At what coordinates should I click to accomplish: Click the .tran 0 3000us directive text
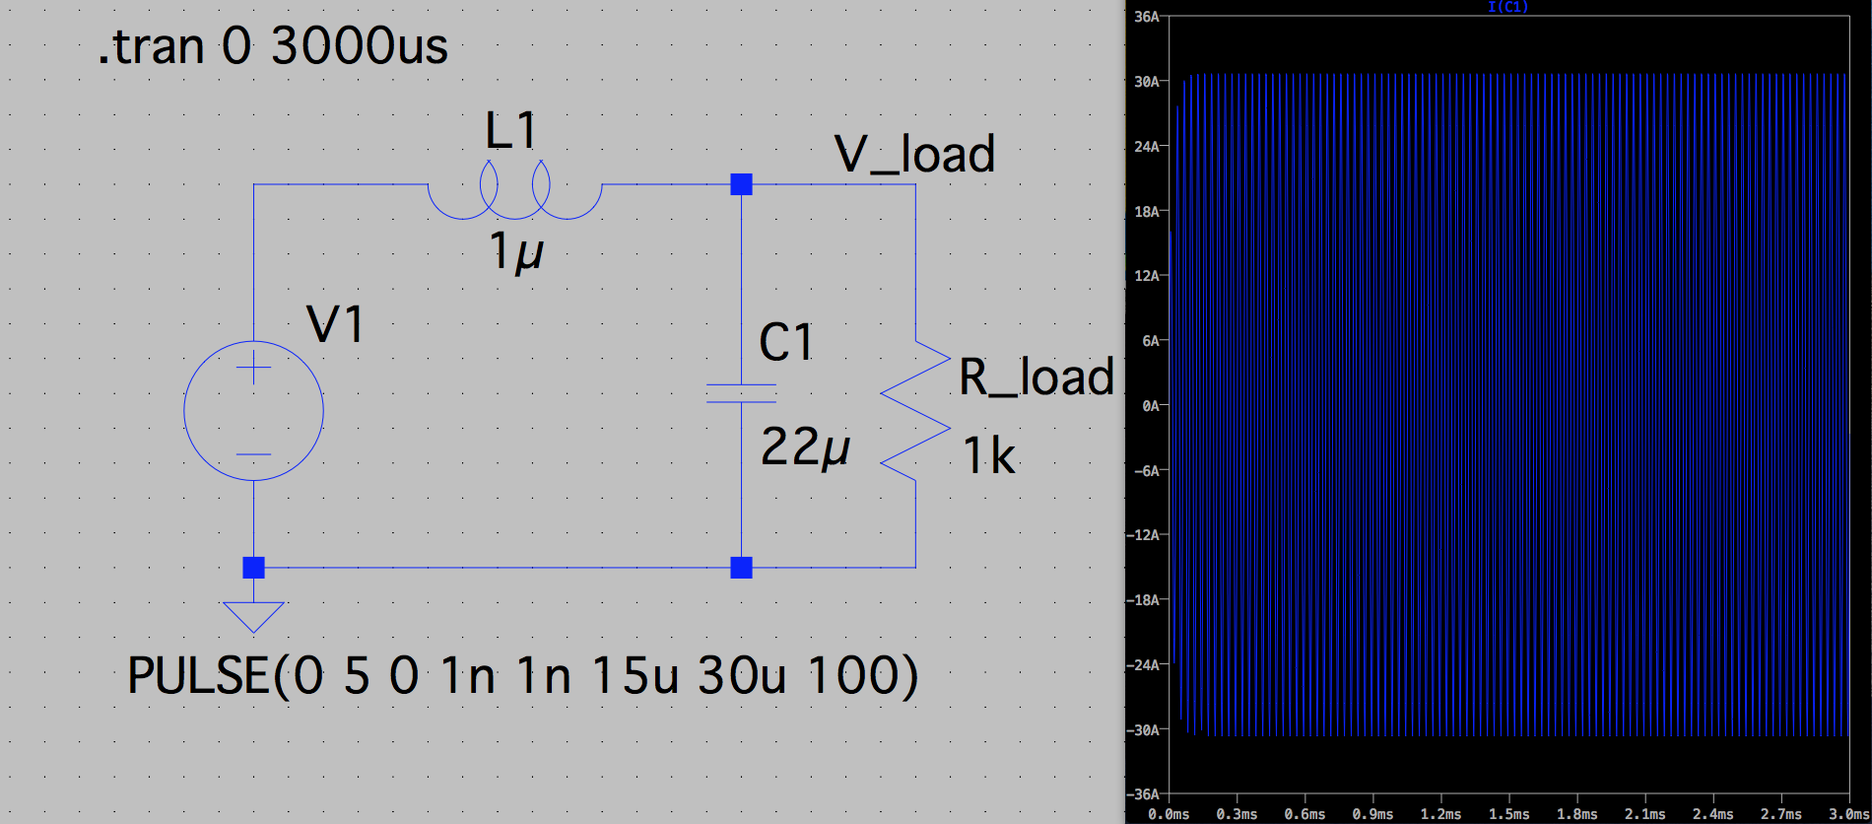[x=273, y=46]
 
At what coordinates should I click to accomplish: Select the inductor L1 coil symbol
[x=514, y=191]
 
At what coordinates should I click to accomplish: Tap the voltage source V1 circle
[x=253, y=410]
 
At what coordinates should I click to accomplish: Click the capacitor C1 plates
[x=741, y=393]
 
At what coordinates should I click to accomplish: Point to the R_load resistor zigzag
[x=915, y=411]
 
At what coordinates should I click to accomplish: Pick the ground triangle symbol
[x=253, y=615]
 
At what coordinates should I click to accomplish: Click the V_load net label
[x=914, y=155]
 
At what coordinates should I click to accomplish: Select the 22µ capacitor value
[x=805, y=447]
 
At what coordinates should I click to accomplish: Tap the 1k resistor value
[x=988, y=456]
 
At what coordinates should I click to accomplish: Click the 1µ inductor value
[x=515, y=251]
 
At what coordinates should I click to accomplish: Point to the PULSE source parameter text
[x=522, y=676]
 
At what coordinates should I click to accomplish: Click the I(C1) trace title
[x=1507, y=7]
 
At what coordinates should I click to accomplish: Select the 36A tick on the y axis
[x=1147, y=17]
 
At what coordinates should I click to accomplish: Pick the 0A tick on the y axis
[x=1150, y=405]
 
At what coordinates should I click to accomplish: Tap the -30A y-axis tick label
[x=1145, y=729]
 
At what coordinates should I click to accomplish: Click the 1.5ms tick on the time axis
[x=1508, y=814]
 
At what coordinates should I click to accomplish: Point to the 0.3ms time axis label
[x=1237, y=814]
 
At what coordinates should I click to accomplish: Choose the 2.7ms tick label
[x=1780, y=814]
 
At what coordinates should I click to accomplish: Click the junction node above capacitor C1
[x=741, y=184]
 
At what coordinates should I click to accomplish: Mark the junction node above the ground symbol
[x=253, y=567]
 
